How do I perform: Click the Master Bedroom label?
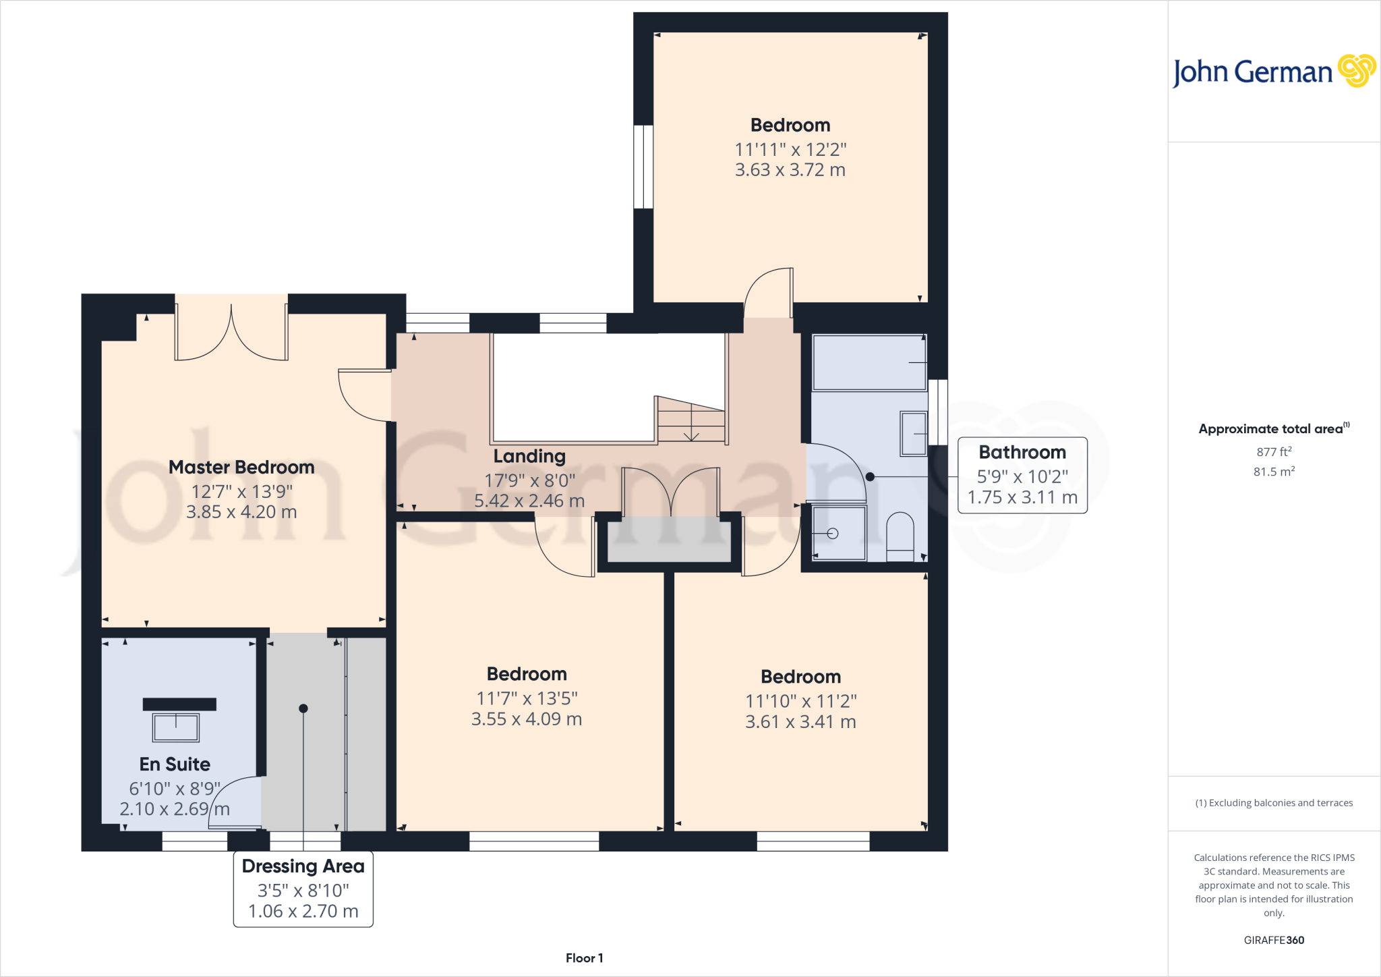241,467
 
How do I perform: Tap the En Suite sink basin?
176,727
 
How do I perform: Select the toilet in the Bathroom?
900,536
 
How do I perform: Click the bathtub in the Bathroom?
869,362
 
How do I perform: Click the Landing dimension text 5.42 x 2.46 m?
529,501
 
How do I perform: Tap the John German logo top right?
1273,72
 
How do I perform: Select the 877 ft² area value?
1274,451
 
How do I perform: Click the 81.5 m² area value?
1274,472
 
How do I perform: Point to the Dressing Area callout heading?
303,866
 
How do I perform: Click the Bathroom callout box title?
1022,452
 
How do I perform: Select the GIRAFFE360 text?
1274,940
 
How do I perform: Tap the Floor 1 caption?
584,958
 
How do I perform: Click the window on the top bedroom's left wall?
643,167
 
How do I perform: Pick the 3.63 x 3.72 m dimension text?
790,170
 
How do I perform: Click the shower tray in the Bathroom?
839,533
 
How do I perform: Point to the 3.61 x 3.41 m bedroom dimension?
800,722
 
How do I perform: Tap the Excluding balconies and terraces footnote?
1274,803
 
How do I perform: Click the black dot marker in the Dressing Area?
303,708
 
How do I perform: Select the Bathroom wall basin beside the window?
914,434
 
